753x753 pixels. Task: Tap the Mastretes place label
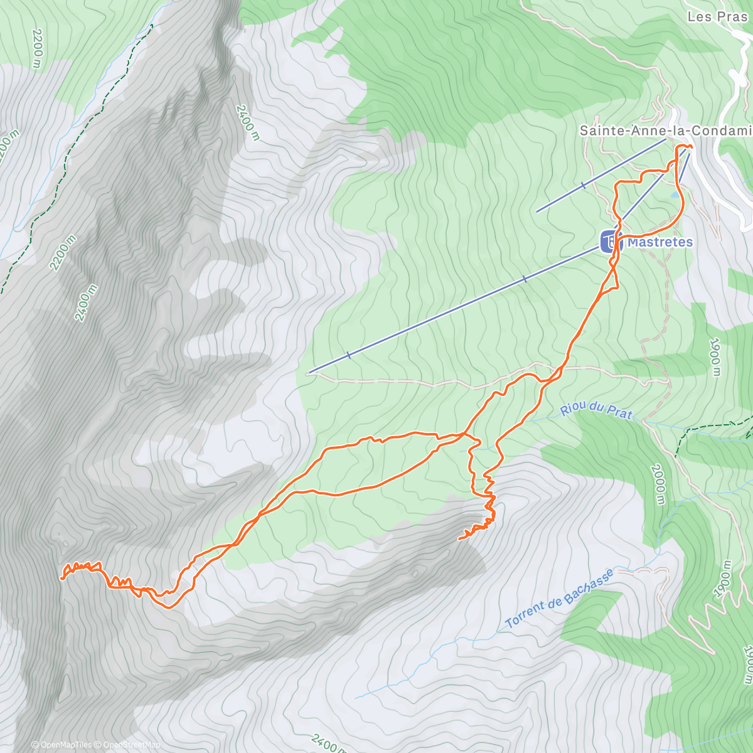pyautogui.click(x=660, y=242)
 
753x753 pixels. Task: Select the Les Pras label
pyautogui.click(x=717, y=17)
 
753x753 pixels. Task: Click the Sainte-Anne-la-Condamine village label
pyautogui.click(x=665, y=131)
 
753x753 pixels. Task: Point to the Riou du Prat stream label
pyautogui.click(x=596, y=411)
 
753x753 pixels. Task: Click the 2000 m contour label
pyautogui.click(x=657, y=484)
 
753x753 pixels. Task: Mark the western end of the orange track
pyautogui.click(x=61, y=578)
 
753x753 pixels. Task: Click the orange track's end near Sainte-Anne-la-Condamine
pyautogui.click(x=690, y=146)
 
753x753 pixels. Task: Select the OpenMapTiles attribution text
pyautogui.click(x=61, y=745)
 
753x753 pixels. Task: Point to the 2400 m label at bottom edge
pyautogui.click(x=329, y=744)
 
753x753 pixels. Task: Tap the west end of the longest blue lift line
pyautogui.click(x=310, y=373)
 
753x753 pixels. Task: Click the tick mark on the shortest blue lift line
pyautogui.click(x=583, y=186)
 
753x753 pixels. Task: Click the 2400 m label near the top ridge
pyautogui.click(x=247, y=122)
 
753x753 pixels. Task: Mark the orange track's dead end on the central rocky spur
pyautogui.click(x=460, y=538)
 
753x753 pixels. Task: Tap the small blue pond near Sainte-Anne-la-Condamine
pyautogui.click(x=673, y=195)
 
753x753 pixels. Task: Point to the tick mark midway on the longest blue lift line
pyautogui.click(x=525, y=280)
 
